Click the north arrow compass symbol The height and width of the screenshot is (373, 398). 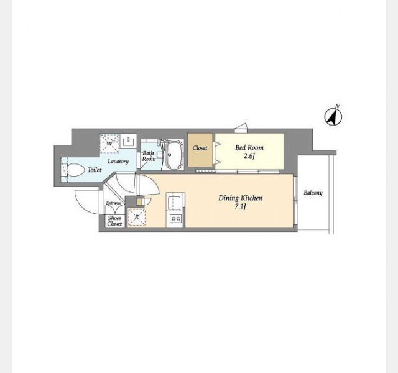(333, 117)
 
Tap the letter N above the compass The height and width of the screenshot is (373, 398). (337, 106)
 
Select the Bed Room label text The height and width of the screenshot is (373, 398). (249, 147)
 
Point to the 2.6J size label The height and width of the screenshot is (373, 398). (249, 156)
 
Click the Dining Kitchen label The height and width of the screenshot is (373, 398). (241, 198)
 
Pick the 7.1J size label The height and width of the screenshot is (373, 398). (240, 206)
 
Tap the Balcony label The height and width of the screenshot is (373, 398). (313, 193)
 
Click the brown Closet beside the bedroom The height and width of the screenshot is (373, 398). (200, 150)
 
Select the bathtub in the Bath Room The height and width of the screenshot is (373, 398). (174, 155)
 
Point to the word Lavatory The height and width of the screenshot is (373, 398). (118, 162)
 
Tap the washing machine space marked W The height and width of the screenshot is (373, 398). (109, 144)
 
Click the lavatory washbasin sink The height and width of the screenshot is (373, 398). (129, 142)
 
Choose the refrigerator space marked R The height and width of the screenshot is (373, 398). (137, 217)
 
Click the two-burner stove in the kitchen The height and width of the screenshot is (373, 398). (175, 218)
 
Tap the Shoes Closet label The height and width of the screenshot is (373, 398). (114, 221)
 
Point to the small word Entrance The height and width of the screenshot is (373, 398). (113, 203)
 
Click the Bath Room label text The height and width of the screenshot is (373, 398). (149, 156)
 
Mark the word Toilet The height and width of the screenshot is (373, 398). (95, 170)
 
